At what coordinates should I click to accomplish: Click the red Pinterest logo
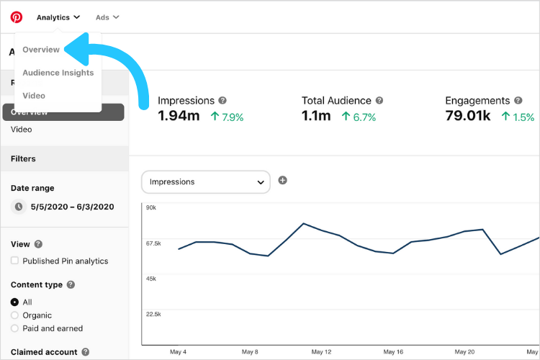point(17,17)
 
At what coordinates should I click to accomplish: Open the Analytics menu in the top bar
point(58,17)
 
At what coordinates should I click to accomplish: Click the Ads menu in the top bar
point(107,17)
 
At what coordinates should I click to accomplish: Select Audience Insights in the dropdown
point(58,73)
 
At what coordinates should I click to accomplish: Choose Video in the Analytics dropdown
point(34,96)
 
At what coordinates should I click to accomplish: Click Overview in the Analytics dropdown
point(41,50)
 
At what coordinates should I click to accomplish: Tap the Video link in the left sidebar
point(22,130)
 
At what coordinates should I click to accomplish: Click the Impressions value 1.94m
point(179,116)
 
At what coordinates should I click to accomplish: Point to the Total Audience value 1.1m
point(317,116)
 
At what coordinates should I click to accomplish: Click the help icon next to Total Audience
point(379,101)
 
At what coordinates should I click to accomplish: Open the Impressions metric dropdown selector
point(206,182)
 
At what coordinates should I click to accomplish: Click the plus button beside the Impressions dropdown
point(282,180)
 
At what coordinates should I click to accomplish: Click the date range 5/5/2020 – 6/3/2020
point(72,207)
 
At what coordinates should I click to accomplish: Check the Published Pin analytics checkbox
point(15,261)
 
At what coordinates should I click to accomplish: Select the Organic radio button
point(15,315)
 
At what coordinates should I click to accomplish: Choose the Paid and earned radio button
point(15,328)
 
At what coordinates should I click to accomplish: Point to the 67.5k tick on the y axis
point(153,243)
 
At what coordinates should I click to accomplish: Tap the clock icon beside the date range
point(19,207)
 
